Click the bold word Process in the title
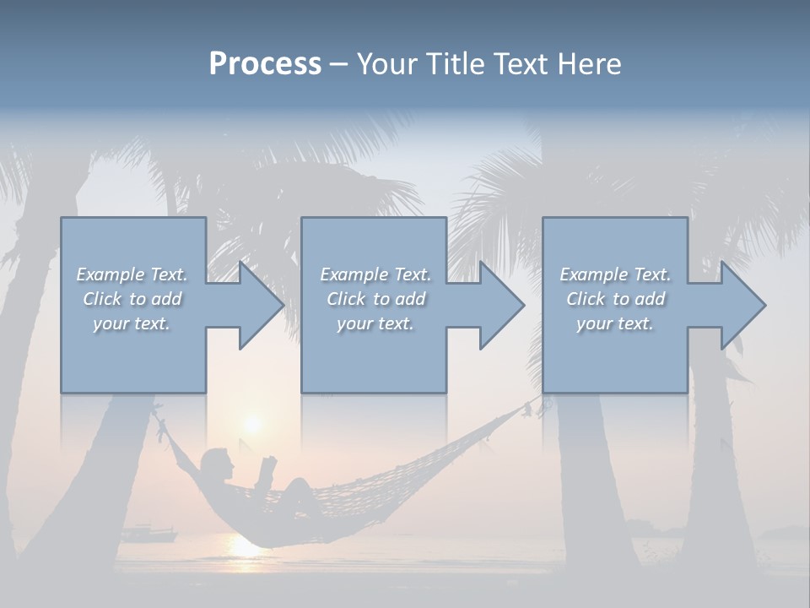point(265,64)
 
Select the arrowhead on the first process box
point(260,305)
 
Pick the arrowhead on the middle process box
point(500,305)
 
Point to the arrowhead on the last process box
point(742,305)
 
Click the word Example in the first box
point(110,274)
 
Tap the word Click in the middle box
point(346,299)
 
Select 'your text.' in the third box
point(614,323)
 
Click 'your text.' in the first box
point(131,323)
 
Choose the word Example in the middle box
point(354,274)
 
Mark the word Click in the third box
point(586,299)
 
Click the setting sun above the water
point(251,422)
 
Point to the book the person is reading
point(268,467)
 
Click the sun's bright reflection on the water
point(245,545)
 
